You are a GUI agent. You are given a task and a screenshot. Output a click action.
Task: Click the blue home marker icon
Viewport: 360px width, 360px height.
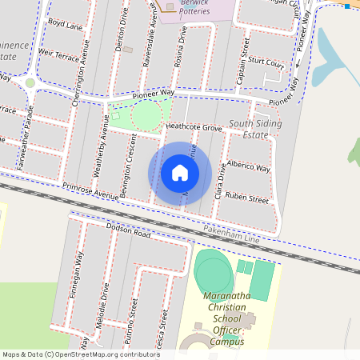coord(180,173)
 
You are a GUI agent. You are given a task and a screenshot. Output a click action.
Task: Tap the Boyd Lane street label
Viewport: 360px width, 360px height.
coord(65,25)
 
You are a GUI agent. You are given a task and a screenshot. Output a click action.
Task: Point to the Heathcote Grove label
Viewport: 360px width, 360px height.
coord(193,127)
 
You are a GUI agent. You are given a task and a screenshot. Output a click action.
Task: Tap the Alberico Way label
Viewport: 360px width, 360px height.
coord(249,166)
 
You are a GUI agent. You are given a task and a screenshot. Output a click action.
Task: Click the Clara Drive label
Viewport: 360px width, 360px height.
coord(219,184)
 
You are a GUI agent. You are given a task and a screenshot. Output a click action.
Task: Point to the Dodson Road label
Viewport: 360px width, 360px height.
coord(128,233)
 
